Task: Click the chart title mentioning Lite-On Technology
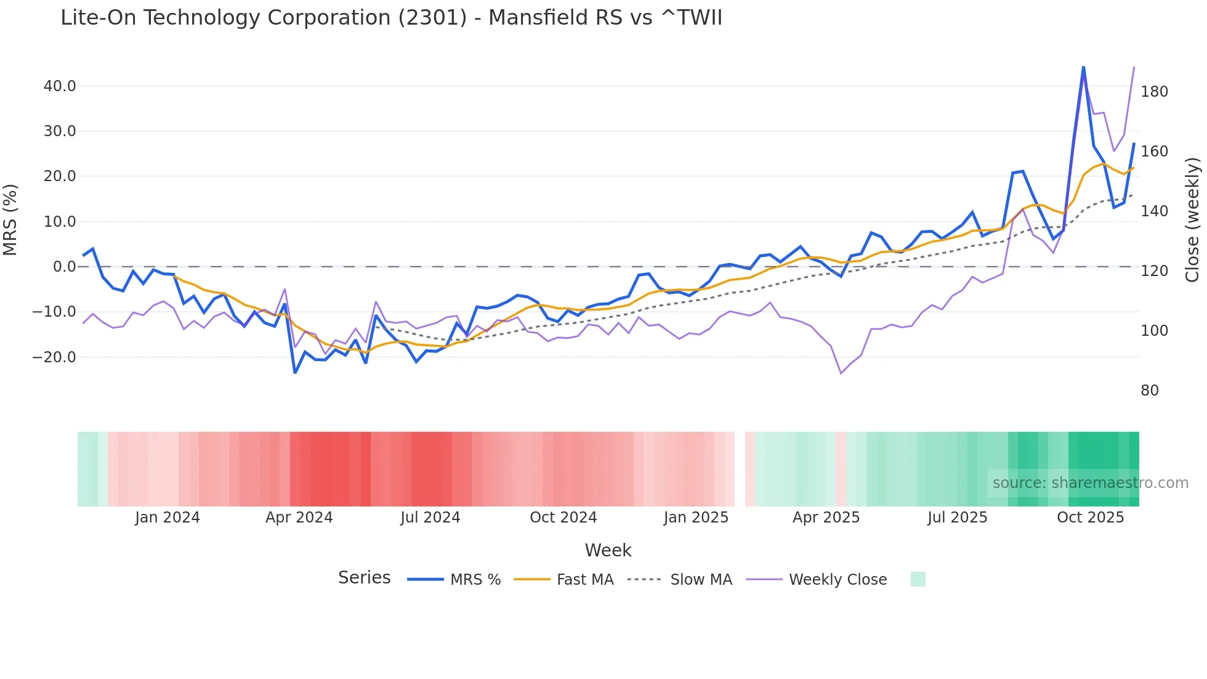tap(391, 18)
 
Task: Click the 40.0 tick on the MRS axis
tap(60, 86)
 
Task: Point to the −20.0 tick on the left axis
tap(54, 357)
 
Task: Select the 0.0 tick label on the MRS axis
tap(64, 267)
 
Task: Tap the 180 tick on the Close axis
tap(1154, 92)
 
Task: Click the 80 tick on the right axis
tap(1149, 391)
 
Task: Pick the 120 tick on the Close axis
tap(1154, 271)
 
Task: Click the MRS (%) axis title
tap(10, 219)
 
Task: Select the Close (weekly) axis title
tap(1192, 219)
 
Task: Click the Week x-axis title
tap(608, 550)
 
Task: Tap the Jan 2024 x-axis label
tap(168, 518)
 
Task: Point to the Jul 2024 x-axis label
tap(430, 518)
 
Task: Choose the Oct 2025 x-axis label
tap(1090, 518)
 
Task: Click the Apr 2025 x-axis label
tap(826, 518)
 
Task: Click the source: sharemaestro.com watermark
tap(1090, 483)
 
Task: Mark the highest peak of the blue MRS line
tap(1083, 67)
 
